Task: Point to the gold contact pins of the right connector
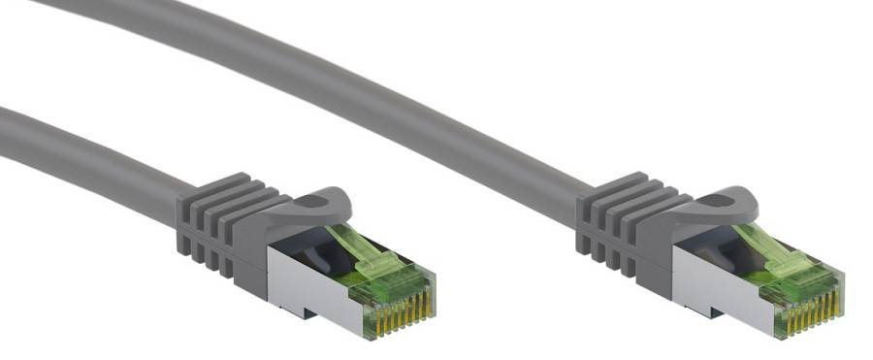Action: [811, 310]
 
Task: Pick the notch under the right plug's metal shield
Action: [716, 315]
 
